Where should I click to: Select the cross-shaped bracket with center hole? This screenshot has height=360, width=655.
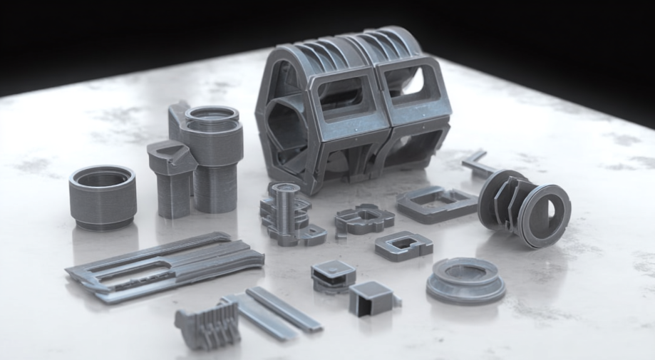coord(364,218)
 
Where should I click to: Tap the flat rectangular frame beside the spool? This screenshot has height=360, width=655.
coord(436,202)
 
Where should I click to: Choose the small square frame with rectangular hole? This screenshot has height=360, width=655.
coord(404,246)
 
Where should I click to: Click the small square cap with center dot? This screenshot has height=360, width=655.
coord(333,274)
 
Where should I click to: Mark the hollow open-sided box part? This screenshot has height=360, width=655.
coord(373,297)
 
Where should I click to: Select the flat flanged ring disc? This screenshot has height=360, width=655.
coord(465,279)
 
